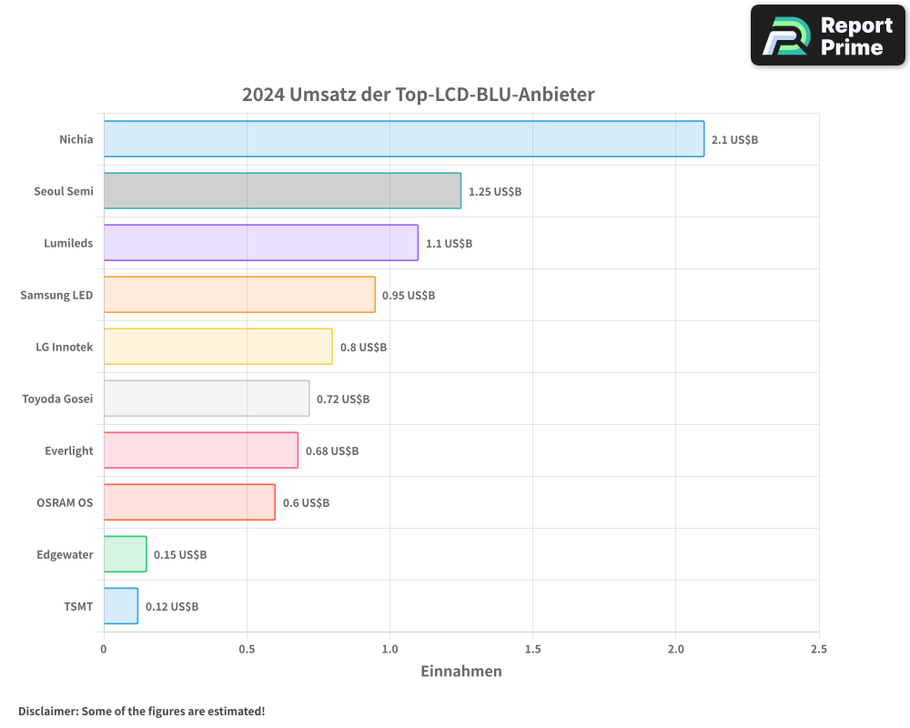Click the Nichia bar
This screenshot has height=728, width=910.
(403, 139)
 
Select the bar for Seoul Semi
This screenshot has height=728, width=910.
(282, 191)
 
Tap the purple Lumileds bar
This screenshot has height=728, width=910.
(260, 243)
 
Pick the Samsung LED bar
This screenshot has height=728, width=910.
(239, 295)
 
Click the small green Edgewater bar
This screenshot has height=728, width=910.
(125, 554)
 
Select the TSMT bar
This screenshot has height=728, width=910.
(121, 606)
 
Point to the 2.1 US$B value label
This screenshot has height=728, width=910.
(734, 140)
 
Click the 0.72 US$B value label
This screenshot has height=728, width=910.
(343, 399)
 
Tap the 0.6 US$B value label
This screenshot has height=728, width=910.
(306, 503)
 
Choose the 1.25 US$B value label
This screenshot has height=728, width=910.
(494, 192)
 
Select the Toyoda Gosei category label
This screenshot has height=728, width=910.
(57, 399)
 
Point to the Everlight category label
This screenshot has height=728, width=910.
(68, 450)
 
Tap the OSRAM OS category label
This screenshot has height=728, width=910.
(65, 502)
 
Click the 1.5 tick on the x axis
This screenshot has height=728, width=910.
(532, 649)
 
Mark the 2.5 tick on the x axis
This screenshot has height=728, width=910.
(819, 649)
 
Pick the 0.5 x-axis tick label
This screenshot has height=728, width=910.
(247, 649)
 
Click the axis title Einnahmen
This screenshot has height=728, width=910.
(461, 672)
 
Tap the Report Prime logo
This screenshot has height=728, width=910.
(828, 35)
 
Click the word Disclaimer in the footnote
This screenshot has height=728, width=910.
(47, 711)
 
